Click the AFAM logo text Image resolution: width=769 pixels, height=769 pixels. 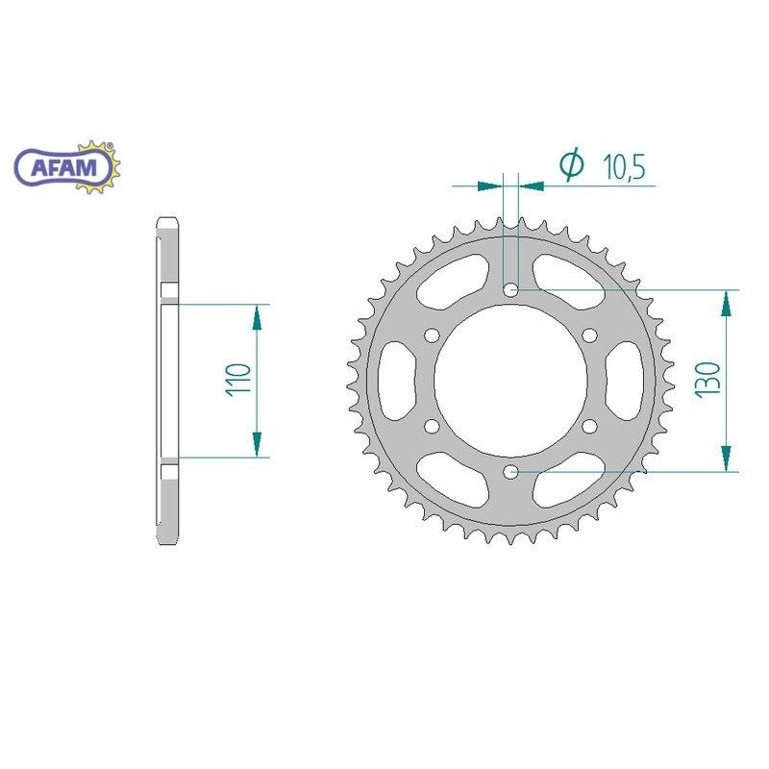(63, 168)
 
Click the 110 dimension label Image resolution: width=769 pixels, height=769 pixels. (238, 380)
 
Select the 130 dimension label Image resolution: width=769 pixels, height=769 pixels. (707, 379)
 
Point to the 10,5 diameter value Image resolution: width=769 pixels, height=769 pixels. (624, 166)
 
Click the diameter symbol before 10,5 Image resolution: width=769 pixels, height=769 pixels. (572, 164)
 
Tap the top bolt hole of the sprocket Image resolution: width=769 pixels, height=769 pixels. (511, 290)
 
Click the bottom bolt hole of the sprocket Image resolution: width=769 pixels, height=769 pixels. (511, 472)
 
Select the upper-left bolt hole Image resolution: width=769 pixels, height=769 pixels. (432, 335)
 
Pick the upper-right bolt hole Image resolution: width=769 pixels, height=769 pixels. (590, 335)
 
